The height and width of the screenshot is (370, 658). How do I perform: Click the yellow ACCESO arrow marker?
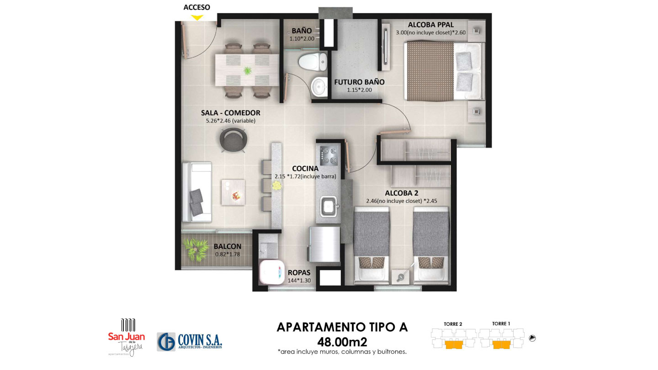tap(197, 18)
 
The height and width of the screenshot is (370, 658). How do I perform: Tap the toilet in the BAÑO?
tap(313, 62)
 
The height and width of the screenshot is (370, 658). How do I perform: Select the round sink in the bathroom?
tap(319, 87)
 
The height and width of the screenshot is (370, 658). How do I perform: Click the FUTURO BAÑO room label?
tap(359, 82)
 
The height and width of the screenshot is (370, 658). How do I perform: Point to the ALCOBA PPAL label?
tap(430, 25)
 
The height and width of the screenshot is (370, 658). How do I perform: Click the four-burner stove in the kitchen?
tap(329, 156)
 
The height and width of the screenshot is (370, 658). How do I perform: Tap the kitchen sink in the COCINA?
tap(329, 207)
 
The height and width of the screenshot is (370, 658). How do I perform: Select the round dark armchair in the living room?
tap(233, 140)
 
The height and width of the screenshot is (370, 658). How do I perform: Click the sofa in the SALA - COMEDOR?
tap(197, 192)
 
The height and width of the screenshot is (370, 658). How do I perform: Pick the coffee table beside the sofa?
tap(233, 192)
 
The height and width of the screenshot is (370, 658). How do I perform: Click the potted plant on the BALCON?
tap(196, 249)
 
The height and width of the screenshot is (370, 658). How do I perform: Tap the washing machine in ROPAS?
tap(271, 272)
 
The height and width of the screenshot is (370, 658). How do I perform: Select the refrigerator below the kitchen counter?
tap(324, 244)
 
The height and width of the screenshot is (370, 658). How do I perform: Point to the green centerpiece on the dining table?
tap(247, 70)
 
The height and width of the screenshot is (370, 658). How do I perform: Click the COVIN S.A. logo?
tap(190, 342)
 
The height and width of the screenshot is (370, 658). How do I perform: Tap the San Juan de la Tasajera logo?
tap(127, 338)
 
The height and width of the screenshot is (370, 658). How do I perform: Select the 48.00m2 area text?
tap(342, 342)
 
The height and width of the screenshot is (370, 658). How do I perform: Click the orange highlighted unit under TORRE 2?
tap(454, 344)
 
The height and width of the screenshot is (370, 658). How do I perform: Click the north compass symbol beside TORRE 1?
tap(532, 338)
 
